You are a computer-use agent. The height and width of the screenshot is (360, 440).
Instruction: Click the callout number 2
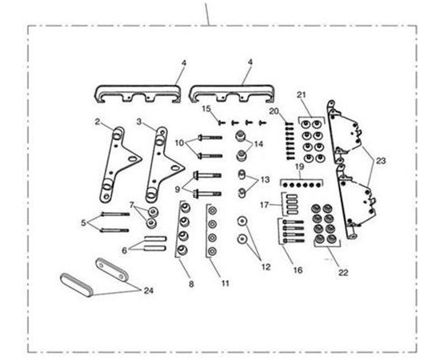tap(98, 122)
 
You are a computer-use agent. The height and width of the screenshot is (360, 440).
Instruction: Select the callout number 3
tap(139, 122)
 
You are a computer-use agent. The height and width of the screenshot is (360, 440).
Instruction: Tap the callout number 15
tap(206, 109)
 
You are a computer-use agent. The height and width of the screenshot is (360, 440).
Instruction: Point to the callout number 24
tap(149, 290)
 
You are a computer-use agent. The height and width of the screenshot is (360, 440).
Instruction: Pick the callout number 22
tap(343, 272)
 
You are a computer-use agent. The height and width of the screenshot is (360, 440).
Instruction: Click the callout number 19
tap(300, 166)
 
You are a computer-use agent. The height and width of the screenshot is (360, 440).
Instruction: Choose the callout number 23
tap(381, 161)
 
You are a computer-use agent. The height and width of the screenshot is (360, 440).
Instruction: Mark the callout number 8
tap(191, 284)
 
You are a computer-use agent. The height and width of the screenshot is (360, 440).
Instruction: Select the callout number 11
tap(226, 283)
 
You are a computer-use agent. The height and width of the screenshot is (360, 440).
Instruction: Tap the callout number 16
tap(298, 270)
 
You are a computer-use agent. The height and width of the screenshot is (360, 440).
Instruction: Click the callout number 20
tap(274, 111)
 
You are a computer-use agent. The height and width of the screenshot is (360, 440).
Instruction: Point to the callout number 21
tap(301, 95)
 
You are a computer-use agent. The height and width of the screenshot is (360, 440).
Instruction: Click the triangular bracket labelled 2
tap(117, 166)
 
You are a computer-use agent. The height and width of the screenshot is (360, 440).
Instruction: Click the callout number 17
tap(264, 205)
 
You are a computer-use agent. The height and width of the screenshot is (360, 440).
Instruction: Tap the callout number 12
tap(266, 266)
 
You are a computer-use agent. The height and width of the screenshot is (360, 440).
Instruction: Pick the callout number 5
tap(83, 222)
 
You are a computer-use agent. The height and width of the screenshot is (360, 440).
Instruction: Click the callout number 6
tap(124, 250)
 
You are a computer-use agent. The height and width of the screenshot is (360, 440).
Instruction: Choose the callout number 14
tap(258, 144)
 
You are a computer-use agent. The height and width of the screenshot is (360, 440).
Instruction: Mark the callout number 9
tap(178, 190)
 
